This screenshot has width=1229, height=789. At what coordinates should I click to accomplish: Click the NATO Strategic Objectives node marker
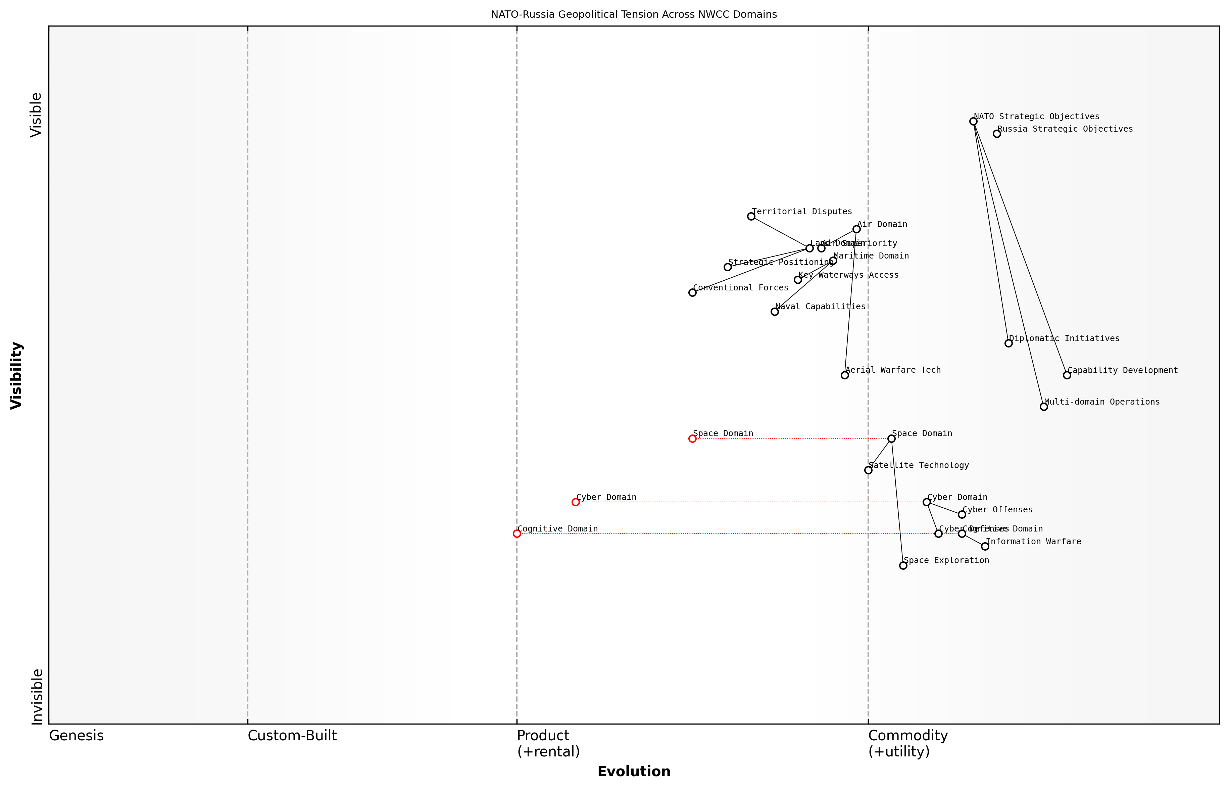(973, 122)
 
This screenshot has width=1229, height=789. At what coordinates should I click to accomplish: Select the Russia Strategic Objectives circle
(996, 134)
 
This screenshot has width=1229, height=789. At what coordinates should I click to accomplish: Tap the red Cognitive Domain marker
(517, 533)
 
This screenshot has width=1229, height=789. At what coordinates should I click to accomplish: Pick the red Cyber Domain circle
(576, 502)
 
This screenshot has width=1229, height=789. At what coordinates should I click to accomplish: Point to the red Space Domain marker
(692, 438)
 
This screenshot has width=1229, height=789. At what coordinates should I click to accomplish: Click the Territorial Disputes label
(801, 212)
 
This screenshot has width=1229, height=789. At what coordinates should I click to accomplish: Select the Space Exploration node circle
(903, 566)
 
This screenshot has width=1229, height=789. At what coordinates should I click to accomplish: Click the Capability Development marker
(1067, 375)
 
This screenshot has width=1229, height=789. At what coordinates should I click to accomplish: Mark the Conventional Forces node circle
(692, 292)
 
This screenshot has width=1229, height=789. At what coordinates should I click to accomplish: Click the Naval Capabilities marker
(775, 312)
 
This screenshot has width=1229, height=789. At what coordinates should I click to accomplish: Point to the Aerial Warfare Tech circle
(845, 375)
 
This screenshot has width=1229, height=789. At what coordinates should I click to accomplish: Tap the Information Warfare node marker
(985, 547)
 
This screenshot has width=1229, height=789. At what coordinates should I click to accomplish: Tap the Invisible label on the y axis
(36, 696)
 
